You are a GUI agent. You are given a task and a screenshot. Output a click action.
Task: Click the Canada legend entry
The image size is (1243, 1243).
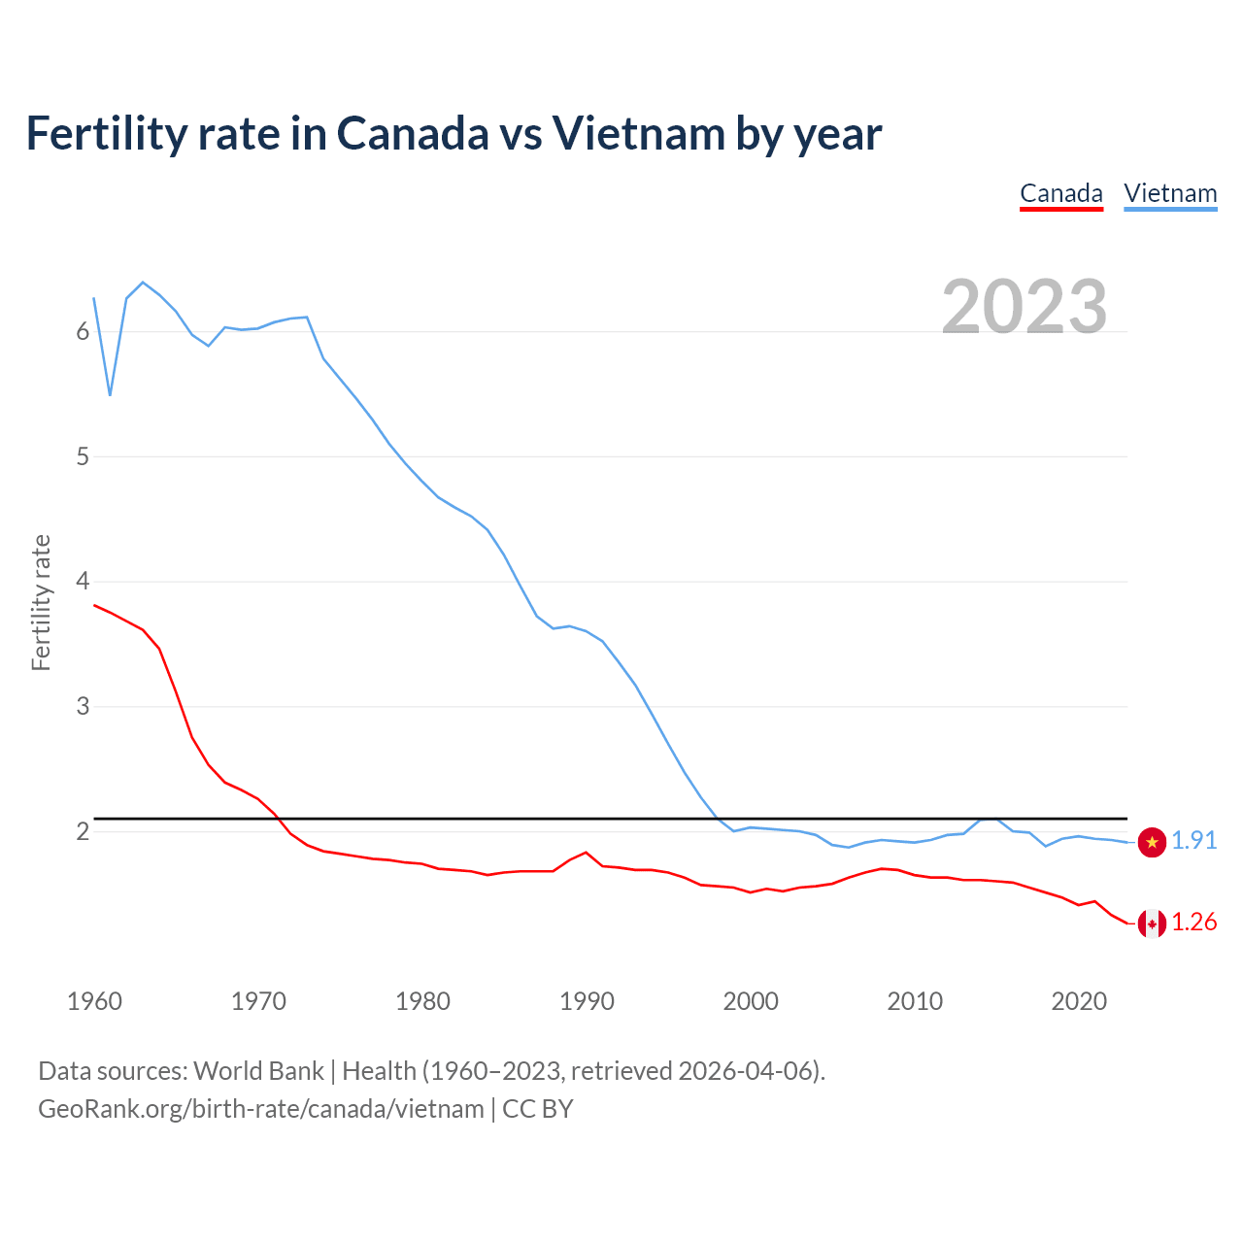pos(1060,193)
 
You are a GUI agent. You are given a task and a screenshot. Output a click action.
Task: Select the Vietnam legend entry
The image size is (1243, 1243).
pos(1170,193)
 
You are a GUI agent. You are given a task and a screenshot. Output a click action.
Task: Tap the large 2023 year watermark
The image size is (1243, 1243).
pos(1025,307)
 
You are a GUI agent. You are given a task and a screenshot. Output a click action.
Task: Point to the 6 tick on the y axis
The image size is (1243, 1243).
pos(83,332)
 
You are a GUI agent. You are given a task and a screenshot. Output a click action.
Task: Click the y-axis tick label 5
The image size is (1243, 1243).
pos(83,456)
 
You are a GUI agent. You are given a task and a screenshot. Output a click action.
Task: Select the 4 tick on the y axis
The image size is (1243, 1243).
pos(83,582)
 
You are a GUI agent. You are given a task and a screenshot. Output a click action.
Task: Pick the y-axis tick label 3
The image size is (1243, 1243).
pos(83,706)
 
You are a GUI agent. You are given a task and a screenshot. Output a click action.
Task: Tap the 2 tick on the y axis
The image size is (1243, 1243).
pos(83,831)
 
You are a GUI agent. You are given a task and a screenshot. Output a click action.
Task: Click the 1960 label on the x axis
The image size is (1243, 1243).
pos(94,1001)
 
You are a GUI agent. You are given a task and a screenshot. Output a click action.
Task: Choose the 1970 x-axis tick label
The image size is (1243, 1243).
pos(258,1001)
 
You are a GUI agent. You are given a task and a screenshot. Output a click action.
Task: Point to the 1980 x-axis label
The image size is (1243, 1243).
pos(422,1001)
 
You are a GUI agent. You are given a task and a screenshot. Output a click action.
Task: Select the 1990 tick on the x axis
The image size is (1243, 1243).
pos(587,1001)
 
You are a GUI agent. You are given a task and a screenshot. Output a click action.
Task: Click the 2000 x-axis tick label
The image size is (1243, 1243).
pos(751,1001)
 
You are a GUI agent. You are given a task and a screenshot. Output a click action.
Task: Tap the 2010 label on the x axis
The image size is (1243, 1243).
pos(915,1001)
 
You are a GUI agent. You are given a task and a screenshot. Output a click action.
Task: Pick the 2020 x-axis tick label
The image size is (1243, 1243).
pos(1079,1001)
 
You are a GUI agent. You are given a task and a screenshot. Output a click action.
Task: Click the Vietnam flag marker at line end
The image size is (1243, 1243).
pos(1152,843)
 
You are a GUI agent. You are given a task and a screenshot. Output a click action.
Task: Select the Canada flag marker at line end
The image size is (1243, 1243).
pos(1152,924)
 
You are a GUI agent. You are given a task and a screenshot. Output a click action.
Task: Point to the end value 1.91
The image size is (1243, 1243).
pos(1193,841)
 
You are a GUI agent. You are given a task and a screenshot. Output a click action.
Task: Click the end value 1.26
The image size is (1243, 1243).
pos(1193,923)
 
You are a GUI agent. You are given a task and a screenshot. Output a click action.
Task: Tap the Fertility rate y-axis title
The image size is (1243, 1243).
pos(41,602)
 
